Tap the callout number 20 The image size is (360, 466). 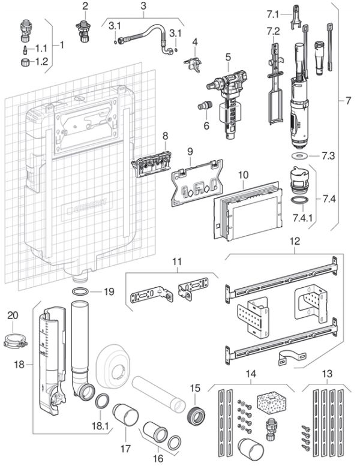13,314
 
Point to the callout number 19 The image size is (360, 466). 107,292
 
